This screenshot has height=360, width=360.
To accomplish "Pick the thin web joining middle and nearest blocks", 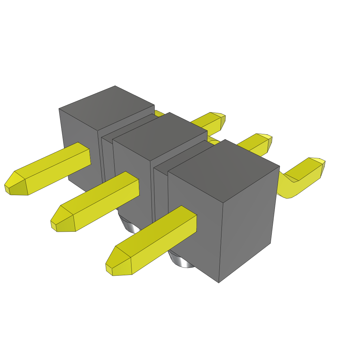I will (x=161, y=193).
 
